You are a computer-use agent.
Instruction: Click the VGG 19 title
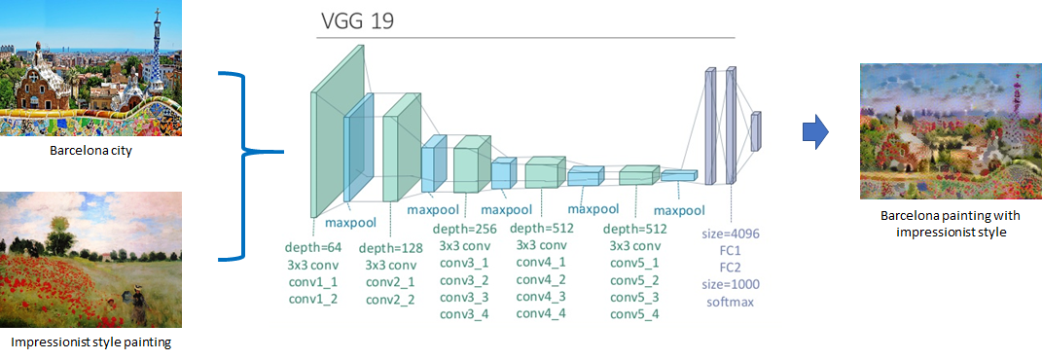click(x=356, y=21)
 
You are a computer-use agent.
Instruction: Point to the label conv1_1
click(x=312, y=280)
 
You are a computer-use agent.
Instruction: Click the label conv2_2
click(x=390, y=298)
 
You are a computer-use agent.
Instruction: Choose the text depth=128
click(x=390, y=247)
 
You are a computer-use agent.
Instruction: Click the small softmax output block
click(x=755, y=131)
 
